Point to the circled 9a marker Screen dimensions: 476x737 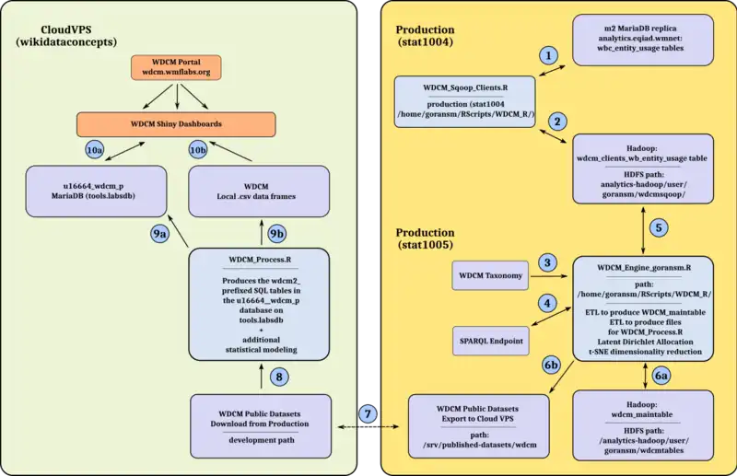coord(160,233)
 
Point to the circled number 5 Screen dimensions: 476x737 coord(656,226)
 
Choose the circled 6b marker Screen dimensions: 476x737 coord(551,366)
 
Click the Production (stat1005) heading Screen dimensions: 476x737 coord(426,240)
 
